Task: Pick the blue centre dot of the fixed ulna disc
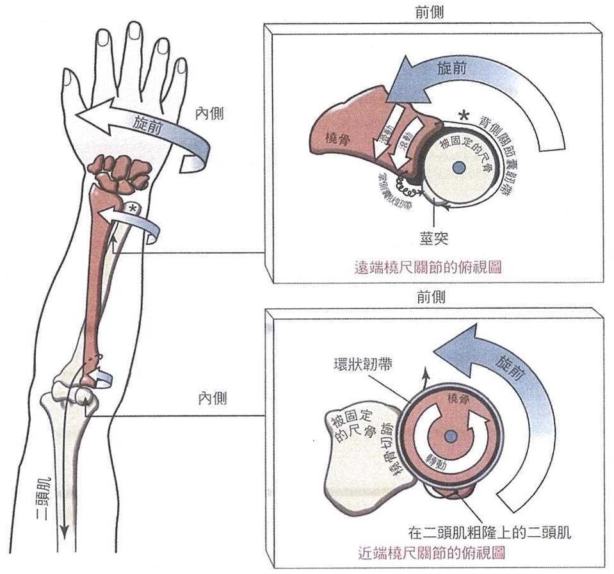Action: click(x=458, y=168)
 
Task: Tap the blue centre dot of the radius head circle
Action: click(x=451, y=436)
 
